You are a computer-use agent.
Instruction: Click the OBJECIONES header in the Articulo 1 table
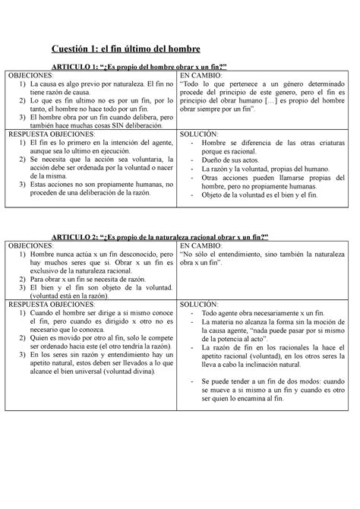30,75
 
